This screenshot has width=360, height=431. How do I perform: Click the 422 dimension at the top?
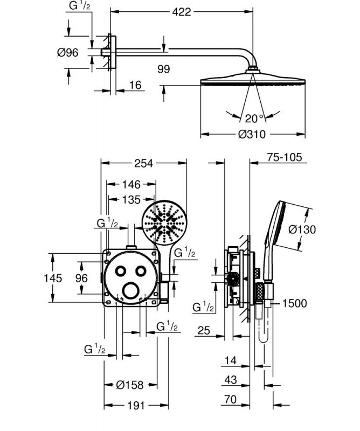pos(182,11)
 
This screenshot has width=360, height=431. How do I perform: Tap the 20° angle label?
pos(254,119)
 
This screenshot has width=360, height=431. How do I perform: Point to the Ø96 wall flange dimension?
pos(68,52)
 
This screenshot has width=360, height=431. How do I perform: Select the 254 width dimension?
pos(144,163)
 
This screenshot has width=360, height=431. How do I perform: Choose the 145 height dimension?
pos(53,278)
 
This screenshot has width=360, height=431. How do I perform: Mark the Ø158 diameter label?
pos(130,385)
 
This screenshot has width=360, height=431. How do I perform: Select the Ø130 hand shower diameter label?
pos(302,229)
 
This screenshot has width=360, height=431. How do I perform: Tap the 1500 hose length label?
pos(294,303)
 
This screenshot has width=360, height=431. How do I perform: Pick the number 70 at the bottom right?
pos(231,399)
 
